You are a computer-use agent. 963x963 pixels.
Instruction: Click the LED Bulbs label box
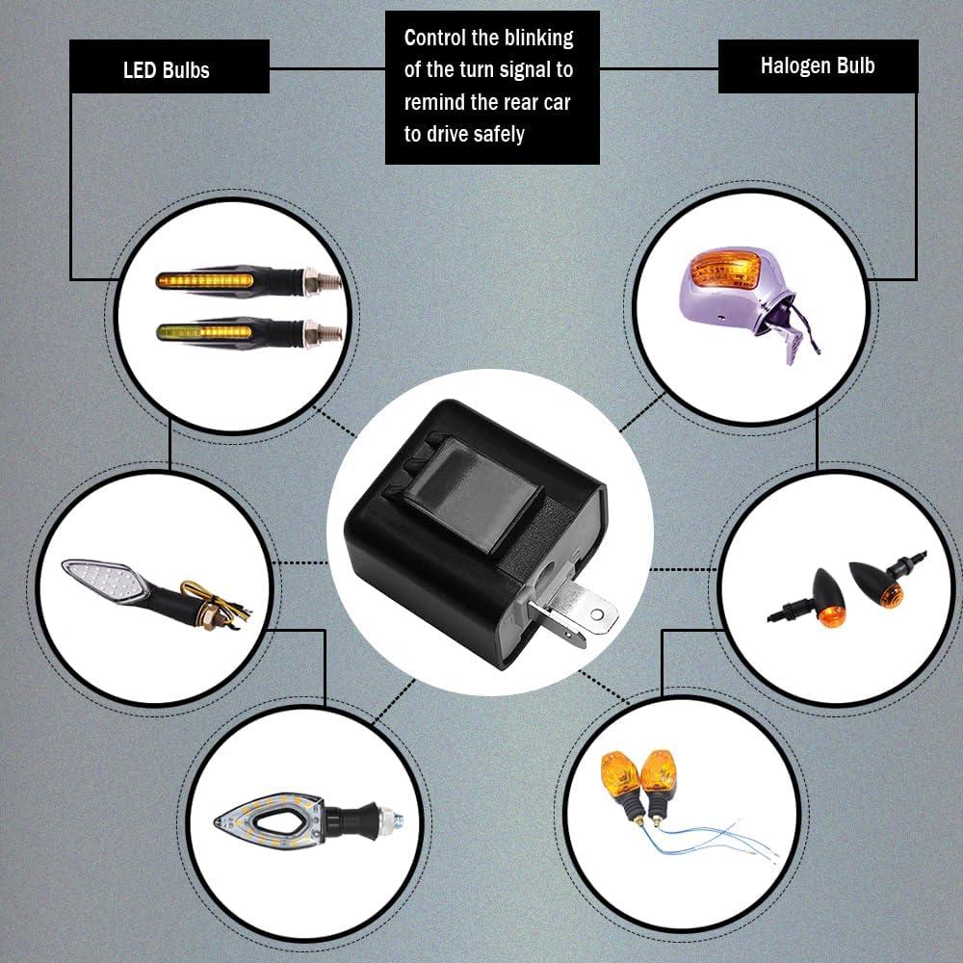pyautogui.click(x=169, y=66)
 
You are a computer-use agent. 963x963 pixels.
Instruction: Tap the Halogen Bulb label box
pyautogui.click(x=818, y=66)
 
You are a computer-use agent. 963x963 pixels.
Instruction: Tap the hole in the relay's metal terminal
pyautogui.click(x=596, y=613)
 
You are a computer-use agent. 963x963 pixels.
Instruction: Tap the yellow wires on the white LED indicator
pyautogui.click(x=216, y=603)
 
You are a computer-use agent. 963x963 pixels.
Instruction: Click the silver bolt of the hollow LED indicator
pyautogui.click(x=389, y=820)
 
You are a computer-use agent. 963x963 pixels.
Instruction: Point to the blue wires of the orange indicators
pyautogui.click(x=713, y=838)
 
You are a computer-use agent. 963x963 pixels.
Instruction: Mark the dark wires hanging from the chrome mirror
pyautogui.click(x=804, y=325)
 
